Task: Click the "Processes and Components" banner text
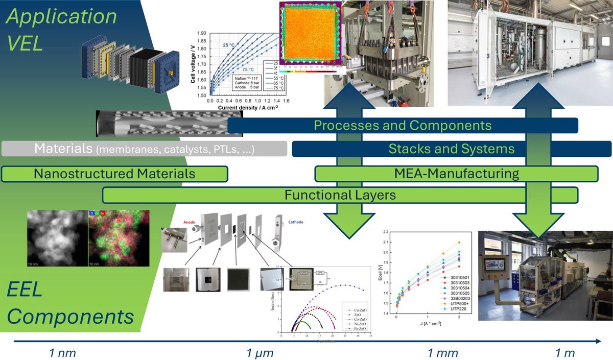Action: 403,125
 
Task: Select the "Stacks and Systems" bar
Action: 451,149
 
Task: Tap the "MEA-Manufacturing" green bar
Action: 456,174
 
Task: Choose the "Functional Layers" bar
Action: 340,195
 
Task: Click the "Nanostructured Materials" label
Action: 114,174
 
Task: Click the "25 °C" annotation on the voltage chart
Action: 229,45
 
